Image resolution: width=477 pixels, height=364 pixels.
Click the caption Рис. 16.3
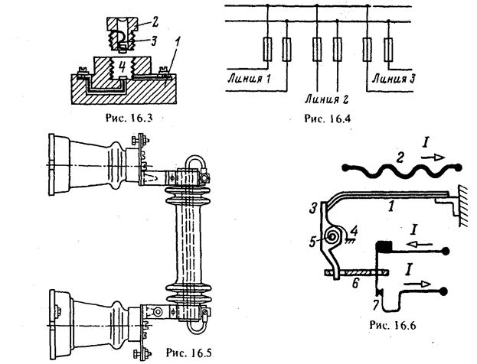tap(129, 118)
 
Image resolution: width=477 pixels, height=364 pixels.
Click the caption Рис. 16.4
tap(328, 118)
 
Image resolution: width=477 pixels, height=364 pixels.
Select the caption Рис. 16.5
tap(188, 353)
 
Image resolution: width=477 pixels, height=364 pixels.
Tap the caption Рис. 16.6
tap(393, 325)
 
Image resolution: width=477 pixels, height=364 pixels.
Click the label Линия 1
tap(249, 79)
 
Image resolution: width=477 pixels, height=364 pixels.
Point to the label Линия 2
tap(326, 99)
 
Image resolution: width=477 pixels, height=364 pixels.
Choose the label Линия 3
tap(394, 79)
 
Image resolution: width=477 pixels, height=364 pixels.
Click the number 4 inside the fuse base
tap(122, 67)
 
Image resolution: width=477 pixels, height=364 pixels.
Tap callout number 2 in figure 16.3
tap(155, 22)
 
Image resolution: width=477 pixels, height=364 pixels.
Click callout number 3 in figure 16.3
tap(154, 41)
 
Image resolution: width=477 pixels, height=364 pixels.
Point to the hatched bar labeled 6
tap(357, 273)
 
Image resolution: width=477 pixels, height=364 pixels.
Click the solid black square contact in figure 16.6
tap(384, 246)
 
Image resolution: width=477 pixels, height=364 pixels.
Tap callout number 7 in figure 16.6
tap(376, 305)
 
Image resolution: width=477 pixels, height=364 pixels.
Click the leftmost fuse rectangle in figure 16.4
tap(267, 49)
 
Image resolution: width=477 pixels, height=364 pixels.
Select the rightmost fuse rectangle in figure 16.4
tap(388, 49)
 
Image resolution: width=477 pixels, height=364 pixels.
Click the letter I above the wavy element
tap(425, 142)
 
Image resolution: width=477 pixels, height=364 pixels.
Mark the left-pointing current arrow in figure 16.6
tap(420, 244)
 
